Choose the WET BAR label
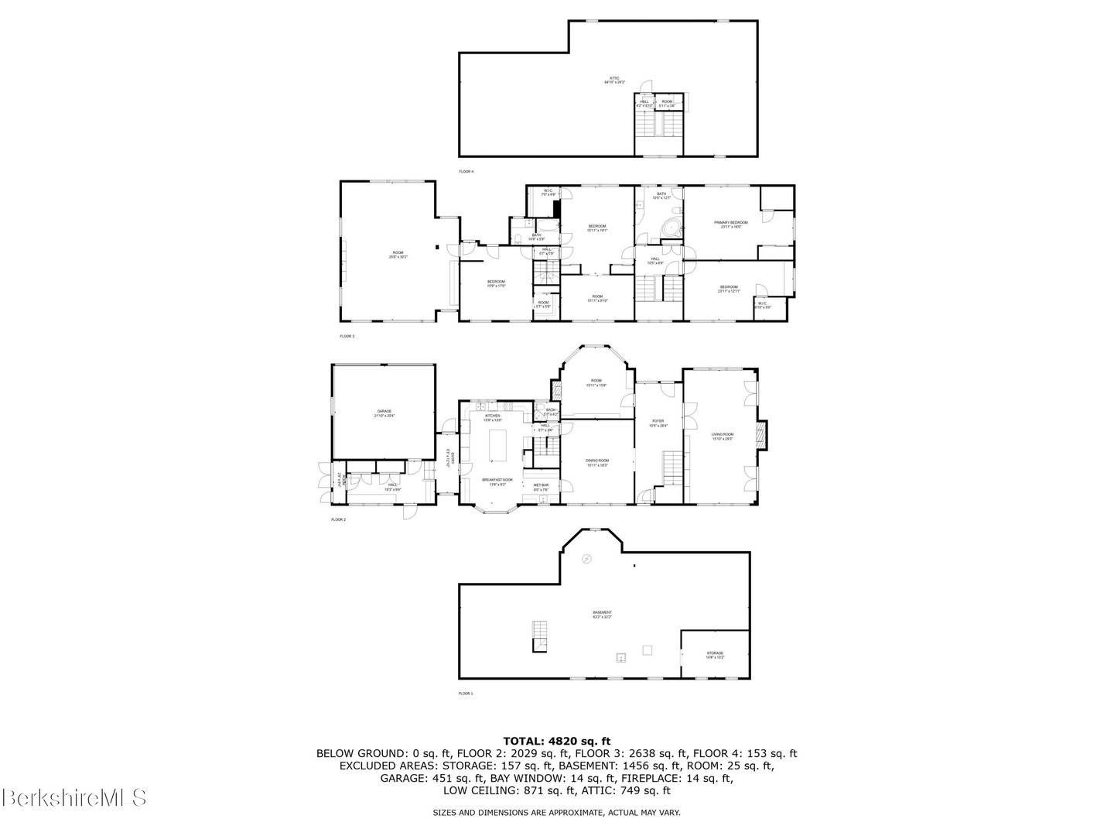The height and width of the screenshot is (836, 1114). [541, 487]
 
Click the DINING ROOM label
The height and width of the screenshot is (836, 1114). [596, 462]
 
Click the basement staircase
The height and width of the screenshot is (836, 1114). [541, 636]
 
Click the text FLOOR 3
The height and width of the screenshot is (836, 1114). [347, 337]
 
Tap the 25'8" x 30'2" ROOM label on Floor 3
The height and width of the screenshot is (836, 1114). [398, 255]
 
